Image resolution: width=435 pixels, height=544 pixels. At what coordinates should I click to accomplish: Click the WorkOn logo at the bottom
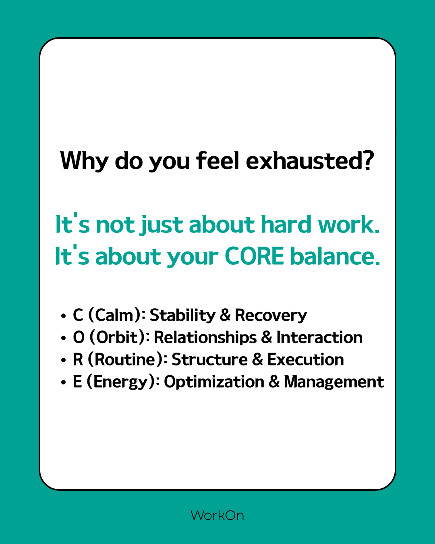(x=217, y=515)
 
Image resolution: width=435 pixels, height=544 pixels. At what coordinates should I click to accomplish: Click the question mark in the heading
(x=367, y=160)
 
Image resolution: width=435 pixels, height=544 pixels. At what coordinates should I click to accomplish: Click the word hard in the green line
(x=286, y=224)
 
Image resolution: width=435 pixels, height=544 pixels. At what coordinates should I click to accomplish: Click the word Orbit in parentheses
(x=117, y=337)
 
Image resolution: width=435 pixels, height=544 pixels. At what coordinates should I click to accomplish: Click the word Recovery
(x=271, y=316)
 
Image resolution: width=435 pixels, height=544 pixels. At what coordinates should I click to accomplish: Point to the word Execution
(x=306, y=359)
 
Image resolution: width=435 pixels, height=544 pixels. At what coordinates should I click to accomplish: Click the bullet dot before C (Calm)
(x=63, y=316)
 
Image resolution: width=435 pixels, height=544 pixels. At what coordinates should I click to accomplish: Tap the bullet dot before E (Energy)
(x=63, y=382)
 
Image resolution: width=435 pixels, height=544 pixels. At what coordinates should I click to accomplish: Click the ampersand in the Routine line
(x=257, y=359)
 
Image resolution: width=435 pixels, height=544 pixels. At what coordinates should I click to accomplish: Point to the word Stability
(x=182, y=316)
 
